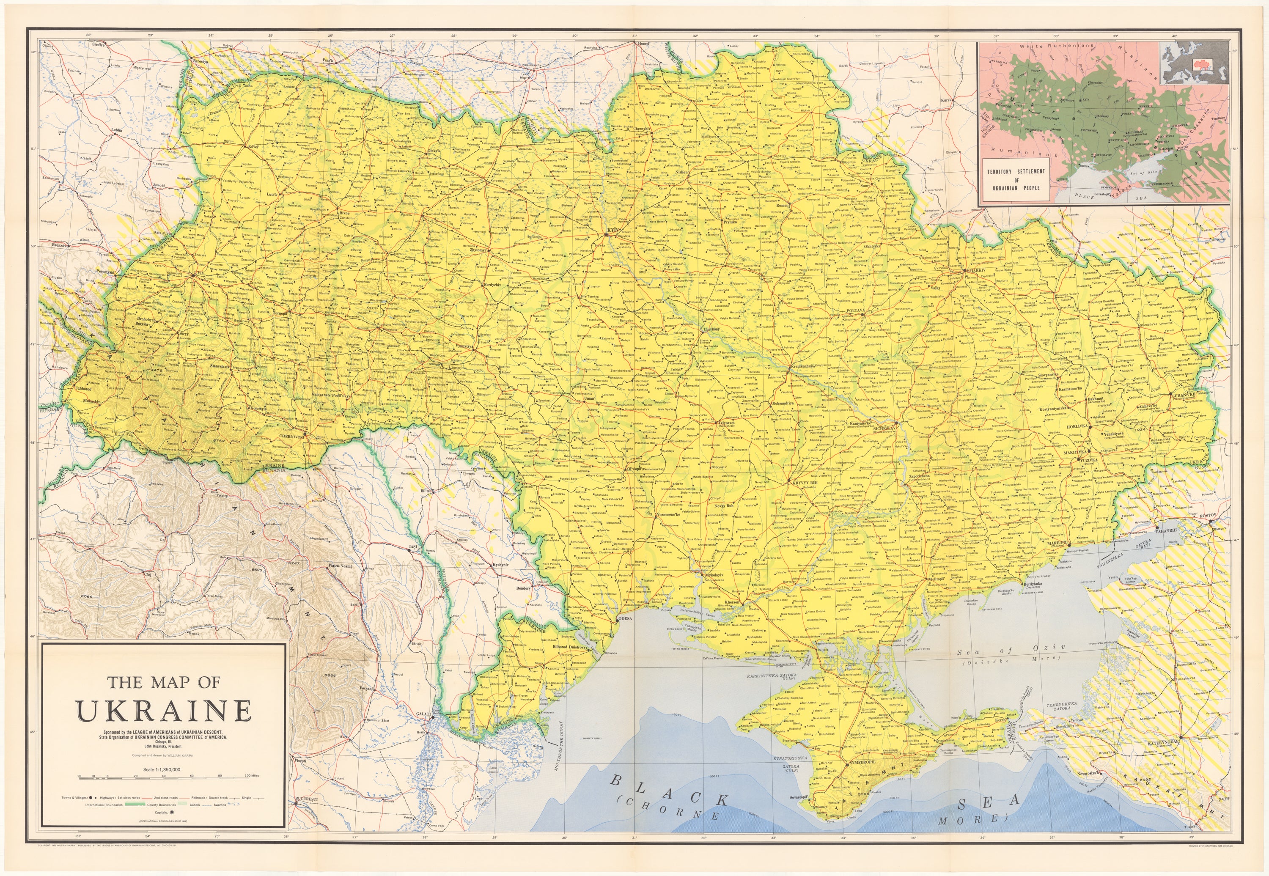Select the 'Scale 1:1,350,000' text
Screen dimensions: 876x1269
[x=161, y=769]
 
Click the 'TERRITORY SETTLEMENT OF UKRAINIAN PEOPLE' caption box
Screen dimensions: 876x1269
[x=1016, y=179]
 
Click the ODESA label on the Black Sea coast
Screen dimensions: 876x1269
[x=626, y=618]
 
